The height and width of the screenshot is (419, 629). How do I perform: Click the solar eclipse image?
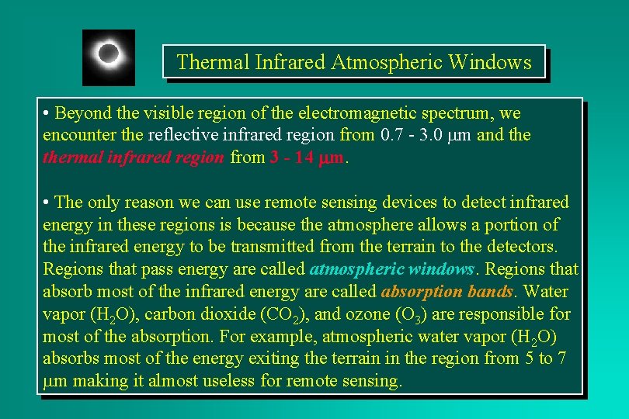point(109,57)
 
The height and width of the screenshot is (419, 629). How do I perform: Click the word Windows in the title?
point(491,62)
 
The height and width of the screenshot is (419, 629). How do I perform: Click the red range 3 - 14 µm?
point(308,158)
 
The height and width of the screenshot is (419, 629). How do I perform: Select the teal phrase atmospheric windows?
point(391,269)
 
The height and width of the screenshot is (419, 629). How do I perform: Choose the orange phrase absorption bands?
point(447,292)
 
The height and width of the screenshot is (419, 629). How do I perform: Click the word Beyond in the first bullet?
point(82,113)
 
